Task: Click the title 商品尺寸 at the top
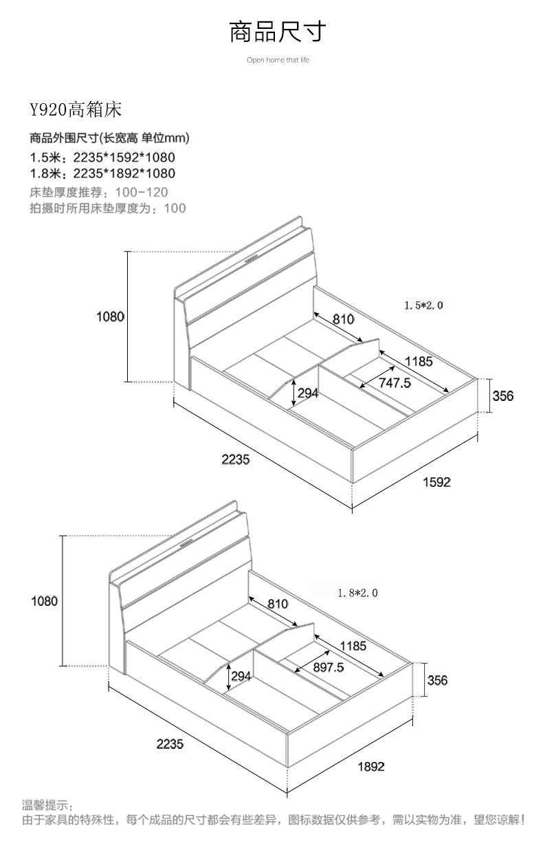pyautogui.click(x=278, y=32)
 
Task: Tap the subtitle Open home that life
pyautogui.click(x=278, y=60)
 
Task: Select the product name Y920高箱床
pyautogui.click(x=76, y=110)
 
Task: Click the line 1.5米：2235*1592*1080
pyautogui.click(x=102, y=157)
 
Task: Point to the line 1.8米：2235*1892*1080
pyautogui.click(x=102, y=174)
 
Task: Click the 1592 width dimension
pyautogui.click(x=436, y=482)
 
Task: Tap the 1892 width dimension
pyautogui.click(x=371, y=767)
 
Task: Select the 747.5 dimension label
pyautogui.click(x=395, y=383)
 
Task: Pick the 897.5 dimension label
pyautogui.click(x=328, y=667)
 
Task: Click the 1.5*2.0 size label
pyautogui.click(x=423, y=305)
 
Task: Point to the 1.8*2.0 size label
pyautogui.click(x=358, y=593)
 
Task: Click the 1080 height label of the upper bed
pyautogui.click(x=110, y=317)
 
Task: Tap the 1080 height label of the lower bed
pyautogui.click(x=44, y=601)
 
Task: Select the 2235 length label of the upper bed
pyautogui.click(x=236, y=459)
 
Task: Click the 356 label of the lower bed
pyautogui.click(x=437, y=680)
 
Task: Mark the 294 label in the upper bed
pyautogui.click(x=308, y=393)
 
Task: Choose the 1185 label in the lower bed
pyautogui.click(x=353, y=646)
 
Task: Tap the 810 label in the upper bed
pyautogui.click(x=343, y=319)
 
